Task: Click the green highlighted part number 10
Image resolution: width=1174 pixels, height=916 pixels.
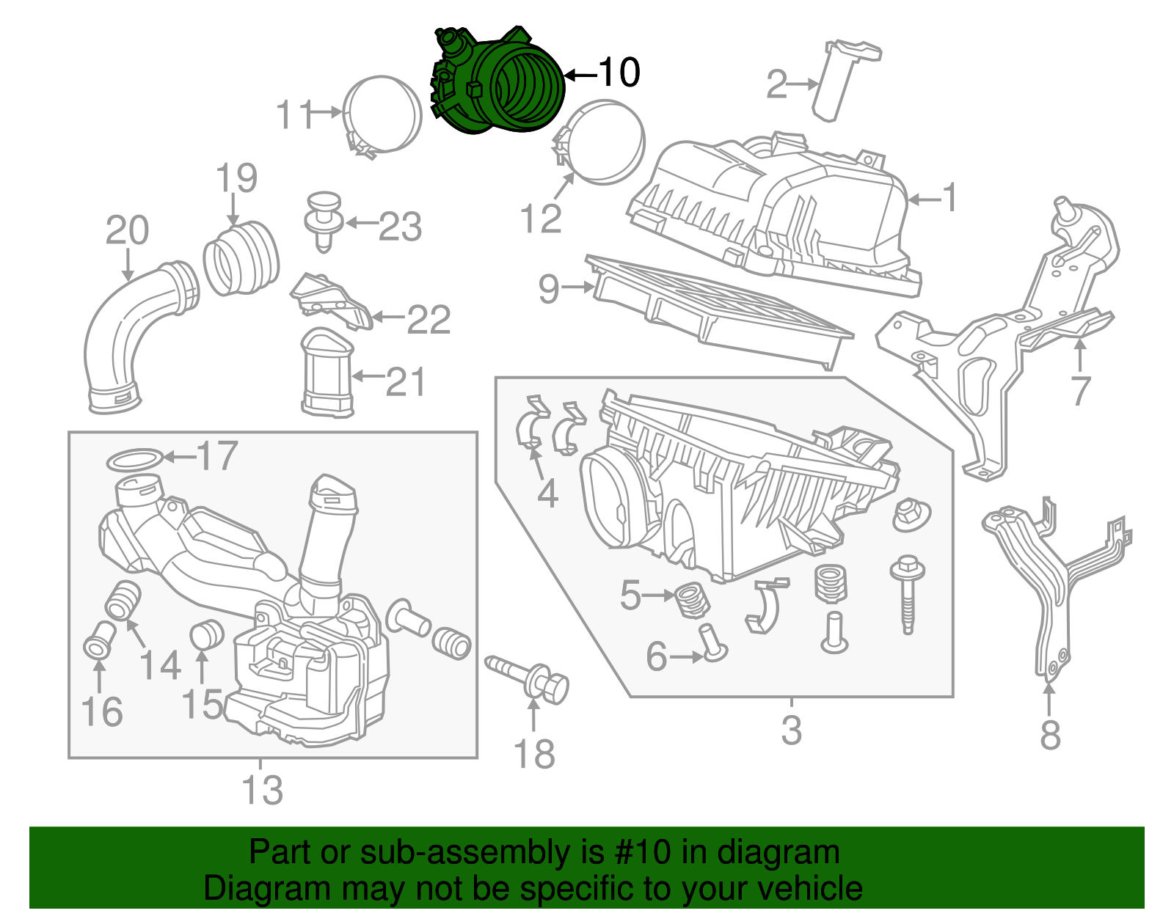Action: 499,84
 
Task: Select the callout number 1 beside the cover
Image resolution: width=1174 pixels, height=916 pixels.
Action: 949,198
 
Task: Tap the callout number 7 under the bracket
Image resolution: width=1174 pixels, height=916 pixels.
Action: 1079,389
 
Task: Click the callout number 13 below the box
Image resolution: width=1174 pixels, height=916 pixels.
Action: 262,791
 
